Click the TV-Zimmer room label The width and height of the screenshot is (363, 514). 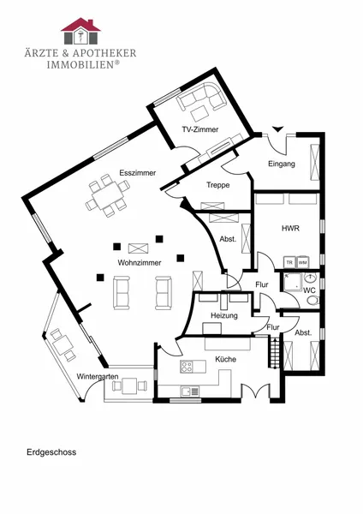(x=199, y=129)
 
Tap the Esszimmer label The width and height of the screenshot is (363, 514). (x=138, y=173)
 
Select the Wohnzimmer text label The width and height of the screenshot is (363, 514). (x=140, y=263)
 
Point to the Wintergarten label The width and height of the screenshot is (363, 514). (x=98, y=377)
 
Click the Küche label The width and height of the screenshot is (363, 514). (x=225, y=359)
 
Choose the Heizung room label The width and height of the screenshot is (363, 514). (x=224, y=315)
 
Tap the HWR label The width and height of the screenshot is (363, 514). (x=290, y=228)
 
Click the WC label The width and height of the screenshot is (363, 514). (x=309, y=290)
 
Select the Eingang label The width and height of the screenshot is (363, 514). (x=282, y=164)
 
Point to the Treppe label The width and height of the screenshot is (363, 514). (x=217, y=185)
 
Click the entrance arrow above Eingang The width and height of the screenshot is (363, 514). (x=277, y=129)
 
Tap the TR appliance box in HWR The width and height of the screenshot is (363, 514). (x=289, y=263)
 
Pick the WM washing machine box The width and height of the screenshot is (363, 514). (x=303, y=263)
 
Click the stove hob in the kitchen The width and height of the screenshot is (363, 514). (x=187, y=366)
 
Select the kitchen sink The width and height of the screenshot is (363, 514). (x=190, y=391)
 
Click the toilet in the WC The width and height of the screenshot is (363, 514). (x=313, y=301)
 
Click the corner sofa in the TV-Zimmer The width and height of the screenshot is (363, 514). (x=201, y=96)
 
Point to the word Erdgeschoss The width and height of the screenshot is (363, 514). (x=51, y=452)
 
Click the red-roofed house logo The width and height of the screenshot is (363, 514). (x=80, y=31)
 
